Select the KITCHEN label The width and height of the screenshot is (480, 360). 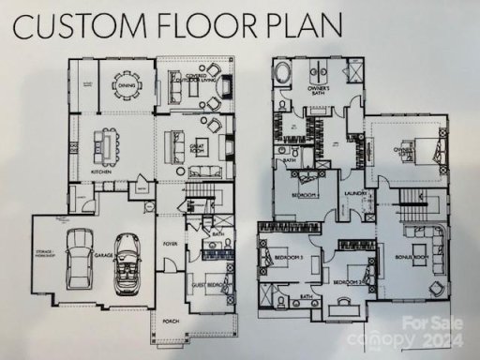point(101,172)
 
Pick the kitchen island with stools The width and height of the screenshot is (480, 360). point(102,146)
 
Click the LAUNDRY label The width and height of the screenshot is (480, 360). point(354,194)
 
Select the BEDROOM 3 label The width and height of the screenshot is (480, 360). point(284,256)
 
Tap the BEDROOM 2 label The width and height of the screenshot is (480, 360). point(347,281)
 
